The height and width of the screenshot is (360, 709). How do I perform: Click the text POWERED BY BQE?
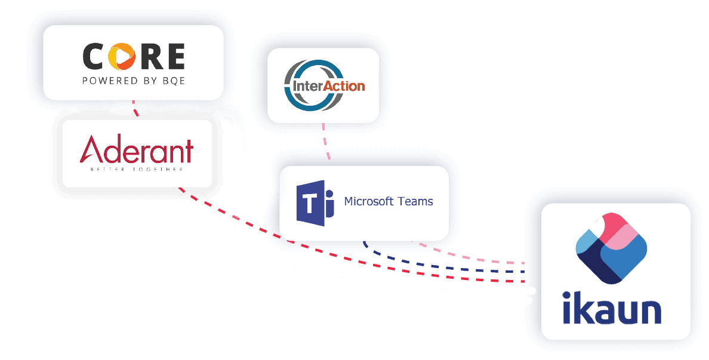pyautogui.click(x=133, y=81)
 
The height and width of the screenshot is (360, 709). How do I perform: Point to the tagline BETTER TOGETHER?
pyautogui.click(x=136, y=170)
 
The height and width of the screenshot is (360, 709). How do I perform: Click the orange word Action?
pyautogui.click(x=343, y=85)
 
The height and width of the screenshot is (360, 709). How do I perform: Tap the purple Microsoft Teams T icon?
pyautogui.click(x=310, y=203)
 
